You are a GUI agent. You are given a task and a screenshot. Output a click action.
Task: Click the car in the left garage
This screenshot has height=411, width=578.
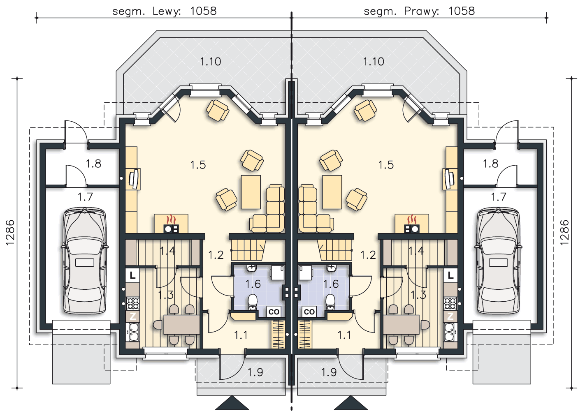[x=85, y=261]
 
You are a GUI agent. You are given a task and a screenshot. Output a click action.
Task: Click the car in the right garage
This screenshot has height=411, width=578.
[x=498, y=261]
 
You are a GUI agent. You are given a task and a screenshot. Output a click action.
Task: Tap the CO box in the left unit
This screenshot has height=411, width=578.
[x=274, y=312]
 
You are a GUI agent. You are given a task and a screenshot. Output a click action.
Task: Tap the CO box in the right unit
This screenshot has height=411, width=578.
[x=309, y=312]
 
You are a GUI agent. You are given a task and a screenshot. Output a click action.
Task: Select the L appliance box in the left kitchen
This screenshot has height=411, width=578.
[x=132, y=275]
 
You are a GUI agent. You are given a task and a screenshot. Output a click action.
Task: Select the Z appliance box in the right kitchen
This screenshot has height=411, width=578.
[x=450, y=316]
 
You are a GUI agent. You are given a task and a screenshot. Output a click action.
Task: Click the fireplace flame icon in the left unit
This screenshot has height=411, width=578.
[x=171, y=220]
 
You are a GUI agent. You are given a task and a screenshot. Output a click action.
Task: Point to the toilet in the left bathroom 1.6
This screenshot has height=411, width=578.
[x=253, y=302]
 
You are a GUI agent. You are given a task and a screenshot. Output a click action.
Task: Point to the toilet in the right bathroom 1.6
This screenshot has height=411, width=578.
[x=330, y=302]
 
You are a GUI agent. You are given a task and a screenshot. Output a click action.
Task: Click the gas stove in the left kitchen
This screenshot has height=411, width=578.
[x=132, y=303]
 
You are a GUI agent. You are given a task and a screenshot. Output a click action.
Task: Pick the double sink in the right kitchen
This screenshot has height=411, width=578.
[x=450, y=332]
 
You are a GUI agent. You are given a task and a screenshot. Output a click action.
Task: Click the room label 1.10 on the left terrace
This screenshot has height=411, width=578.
[x=210, y=62]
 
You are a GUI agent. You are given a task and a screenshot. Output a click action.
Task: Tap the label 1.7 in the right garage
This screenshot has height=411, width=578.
[x=498, y=197]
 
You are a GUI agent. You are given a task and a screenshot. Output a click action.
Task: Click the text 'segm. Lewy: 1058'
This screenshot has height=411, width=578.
[x=165, y=12]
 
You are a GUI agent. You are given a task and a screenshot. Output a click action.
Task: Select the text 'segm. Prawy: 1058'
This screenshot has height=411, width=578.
[x=419, y=12]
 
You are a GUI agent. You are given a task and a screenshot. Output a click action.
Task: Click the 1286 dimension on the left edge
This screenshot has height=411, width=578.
[x=10, y=233]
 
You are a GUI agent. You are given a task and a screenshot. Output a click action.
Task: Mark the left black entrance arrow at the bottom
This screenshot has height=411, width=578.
[x=232, y=403]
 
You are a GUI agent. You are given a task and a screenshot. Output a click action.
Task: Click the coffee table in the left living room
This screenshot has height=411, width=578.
[x=251, y=192]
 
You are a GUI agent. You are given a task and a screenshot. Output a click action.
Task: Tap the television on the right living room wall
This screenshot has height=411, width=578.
[x=449, y=179]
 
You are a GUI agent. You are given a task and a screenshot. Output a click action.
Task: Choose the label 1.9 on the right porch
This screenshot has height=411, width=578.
[x=329, y=372]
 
